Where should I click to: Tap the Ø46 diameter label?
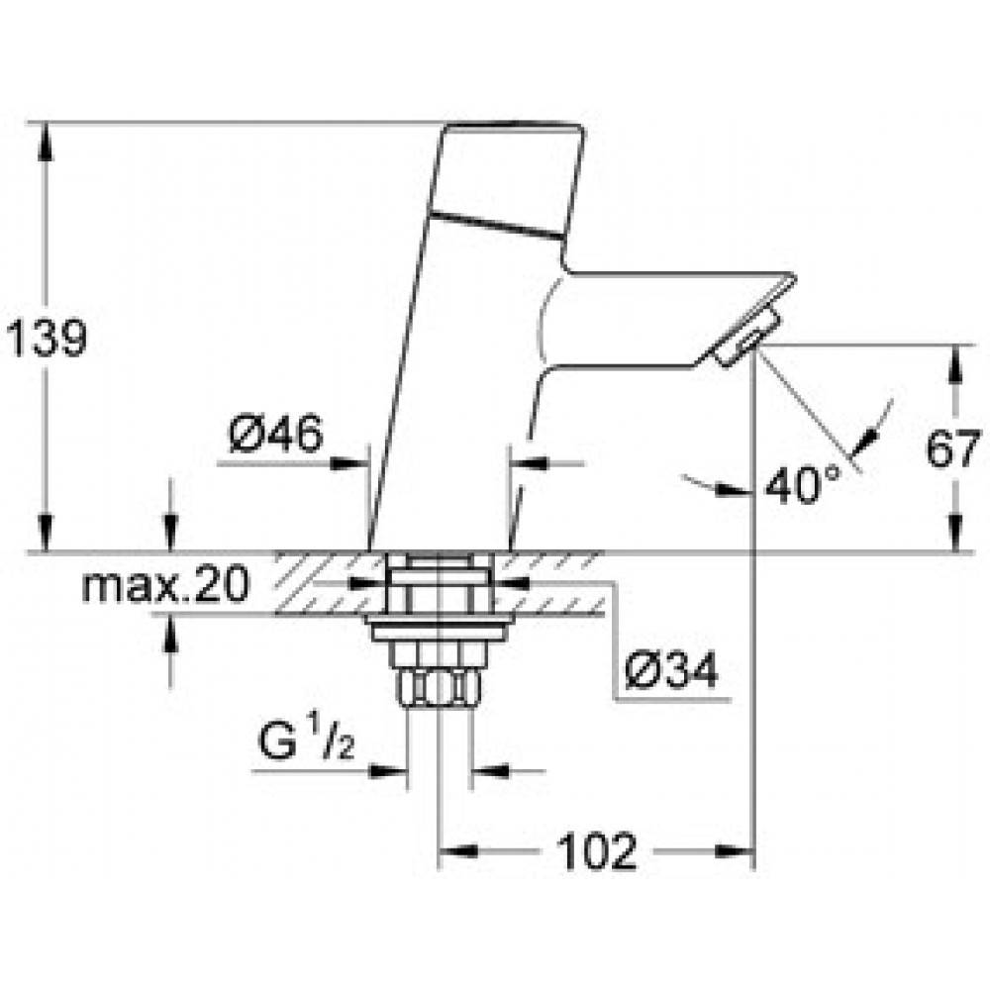(x=276, y=435)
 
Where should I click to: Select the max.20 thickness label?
(x=165, y=585)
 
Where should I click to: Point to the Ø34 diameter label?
(x=671, y=670)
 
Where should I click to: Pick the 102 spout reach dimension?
(x=597, y=851)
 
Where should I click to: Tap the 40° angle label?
(x=803, y=484)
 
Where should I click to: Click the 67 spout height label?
(x=953, y=449)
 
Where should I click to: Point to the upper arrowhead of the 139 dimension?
(x=45, y=138)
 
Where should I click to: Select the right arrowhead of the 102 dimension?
(x=736, y=851)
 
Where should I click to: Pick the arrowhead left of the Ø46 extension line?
(x=349, y=464)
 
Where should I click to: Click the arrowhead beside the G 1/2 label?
(x=388, y=771)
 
